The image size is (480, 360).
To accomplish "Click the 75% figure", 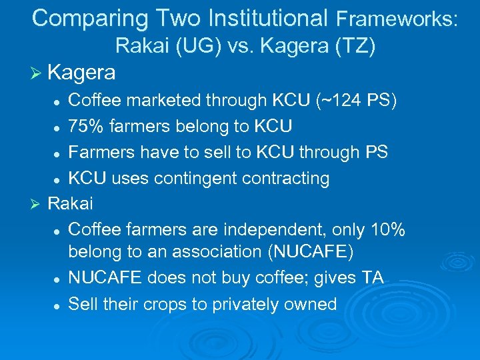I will click(87, 126).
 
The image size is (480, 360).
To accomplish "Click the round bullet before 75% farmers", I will click(59, 127).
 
